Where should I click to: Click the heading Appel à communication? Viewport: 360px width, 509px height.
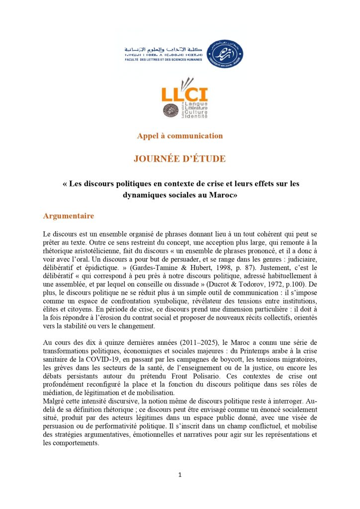(180, 136)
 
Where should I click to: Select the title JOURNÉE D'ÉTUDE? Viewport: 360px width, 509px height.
(180, 159)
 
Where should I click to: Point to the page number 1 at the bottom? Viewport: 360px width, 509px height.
(180, 475)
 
